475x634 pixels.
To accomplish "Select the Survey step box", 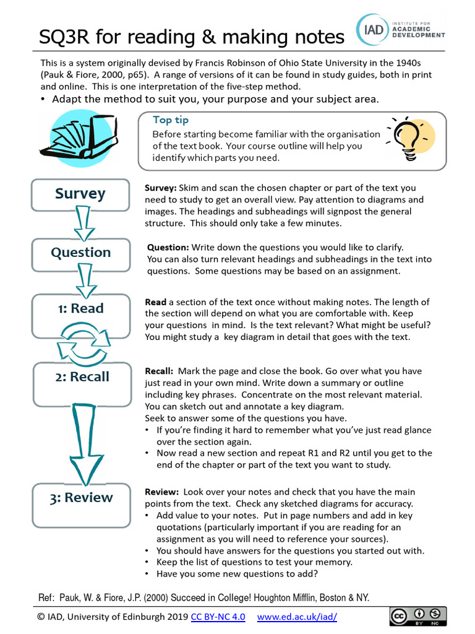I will point(80,194).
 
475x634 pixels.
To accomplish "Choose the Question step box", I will point(80,253).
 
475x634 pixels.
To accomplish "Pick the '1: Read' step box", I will point(80,309).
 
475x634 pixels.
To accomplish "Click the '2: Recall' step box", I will point(80,377).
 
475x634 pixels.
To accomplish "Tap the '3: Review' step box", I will point(80,498).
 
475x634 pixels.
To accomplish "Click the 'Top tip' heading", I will point(171,120).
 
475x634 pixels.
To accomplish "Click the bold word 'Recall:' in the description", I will point(159,371).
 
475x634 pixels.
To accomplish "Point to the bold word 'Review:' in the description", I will point(161,492).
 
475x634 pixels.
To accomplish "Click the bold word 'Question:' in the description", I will point(168,247).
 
